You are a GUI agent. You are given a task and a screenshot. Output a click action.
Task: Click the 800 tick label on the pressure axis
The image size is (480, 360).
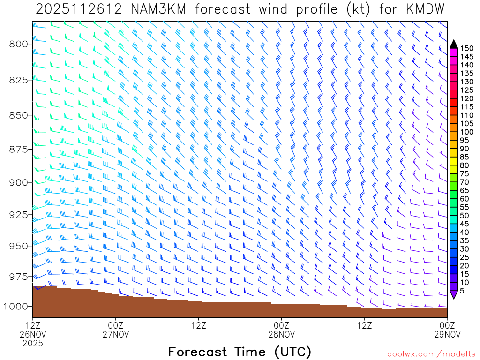pos(18,44)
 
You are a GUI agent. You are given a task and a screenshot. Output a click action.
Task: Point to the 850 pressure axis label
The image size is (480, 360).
pos(18,115)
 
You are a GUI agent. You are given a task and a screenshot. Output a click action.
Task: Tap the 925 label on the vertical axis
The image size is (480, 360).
pos(18,215)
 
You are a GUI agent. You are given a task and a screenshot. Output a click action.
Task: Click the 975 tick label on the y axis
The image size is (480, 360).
pos(18,276)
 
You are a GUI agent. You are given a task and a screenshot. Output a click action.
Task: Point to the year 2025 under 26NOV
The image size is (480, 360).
pos(32,343)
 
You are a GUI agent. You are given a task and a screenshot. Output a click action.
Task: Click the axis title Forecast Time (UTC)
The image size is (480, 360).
pos(240,352)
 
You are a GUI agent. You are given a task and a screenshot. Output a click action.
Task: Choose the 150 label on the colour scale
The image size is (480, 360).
pos(467,48)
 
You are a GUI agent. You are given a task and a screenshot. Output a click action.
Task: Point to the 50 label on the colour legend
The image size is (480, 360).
pos(465,215)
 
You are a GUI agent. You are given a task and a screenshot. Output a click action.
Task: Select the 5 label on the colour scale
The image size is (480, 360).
pos(463,291)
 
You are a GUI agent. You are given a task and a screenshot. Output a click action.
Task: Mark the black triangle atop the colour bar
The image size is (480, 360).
pos(453,44)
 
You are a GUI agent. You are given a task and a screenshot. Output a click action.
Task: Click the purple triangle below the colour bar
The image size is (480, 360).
pos(453,294)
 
